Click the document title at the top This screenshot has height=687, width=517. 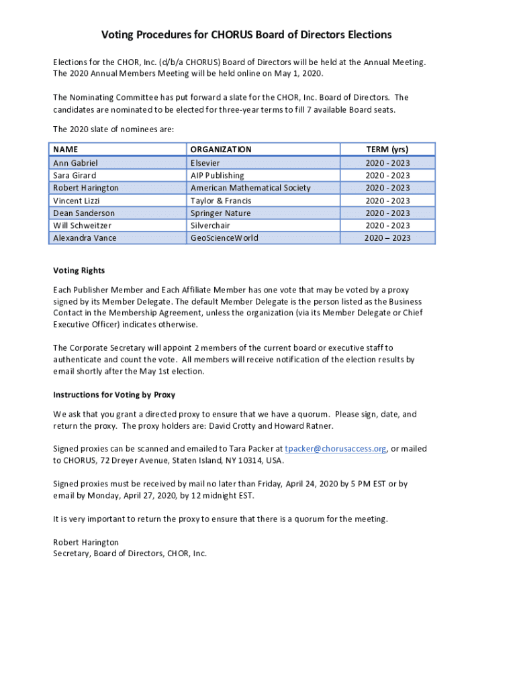coord(246,34)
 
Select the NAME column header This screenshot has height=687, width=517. coord(66,150)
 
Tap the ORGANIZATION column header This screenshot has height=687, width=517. coord(221,150)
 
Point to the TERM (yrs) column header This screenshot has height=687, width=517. coord(387,150)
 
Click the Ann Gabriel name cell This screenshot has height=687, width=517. coord(75,163)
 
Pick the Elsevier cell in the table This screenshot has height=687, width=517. coord(205,163)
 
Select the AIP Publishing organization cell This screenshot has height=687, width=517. coord(217,176)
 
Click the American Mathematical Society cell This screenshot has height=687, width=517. coord(250,188)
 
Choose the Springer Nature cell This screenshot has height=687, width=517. coord(220,213)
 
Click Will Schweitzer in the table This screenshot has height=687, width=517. coord(82,225)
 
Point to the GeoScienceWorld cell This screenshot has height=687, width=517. coord(224,238)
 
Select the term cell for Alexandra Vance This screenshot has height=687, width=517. coord(387,238)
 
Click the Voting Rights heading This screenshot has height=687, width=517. coord(79,271)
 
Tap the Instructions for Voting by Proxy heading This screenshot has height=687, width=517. coord(114,394)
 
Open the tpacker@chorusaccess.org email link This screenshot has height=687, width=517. coord(335,449)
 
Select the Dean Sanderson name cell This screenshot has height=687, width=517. coord(84,213)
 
